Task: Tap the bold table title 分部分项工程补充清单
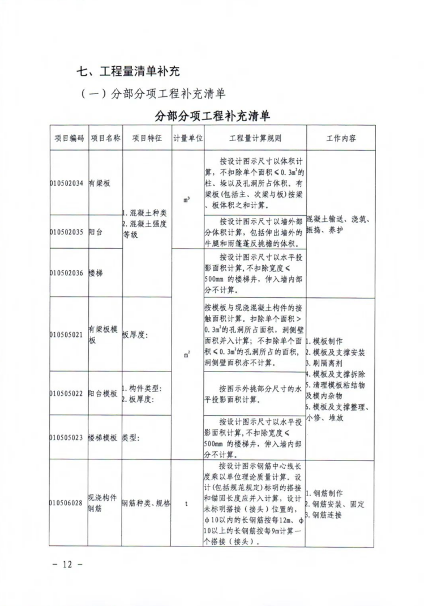212,117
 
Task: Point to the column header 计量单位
187,138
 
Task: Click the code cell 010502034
67,183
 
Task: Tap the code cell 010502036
67,272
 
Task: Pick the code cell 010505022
67,394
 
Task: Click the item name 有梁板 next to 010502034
99,183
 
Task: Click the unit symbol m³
187,199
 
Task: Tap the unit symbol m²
187,355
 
